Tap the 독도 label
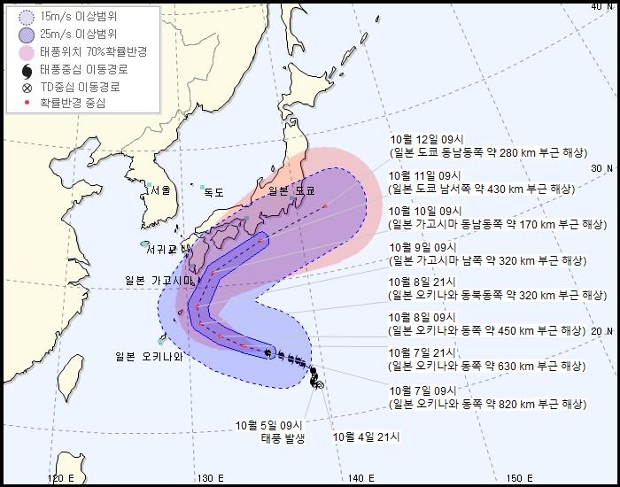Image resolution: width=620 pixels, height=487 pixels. (214, 192)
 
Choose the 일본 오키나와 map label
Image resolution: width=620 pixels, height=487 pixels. (150, 357)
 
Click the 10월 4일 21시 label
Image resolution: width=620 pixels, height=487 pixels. (367, 436)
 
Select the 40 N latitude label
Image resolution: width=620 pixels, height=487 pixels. (603, 7)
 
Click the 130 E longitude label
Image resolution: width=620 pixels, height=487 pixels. (209, 478)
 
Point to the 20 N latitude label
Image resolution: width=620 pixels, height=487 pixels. (603, 331)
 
